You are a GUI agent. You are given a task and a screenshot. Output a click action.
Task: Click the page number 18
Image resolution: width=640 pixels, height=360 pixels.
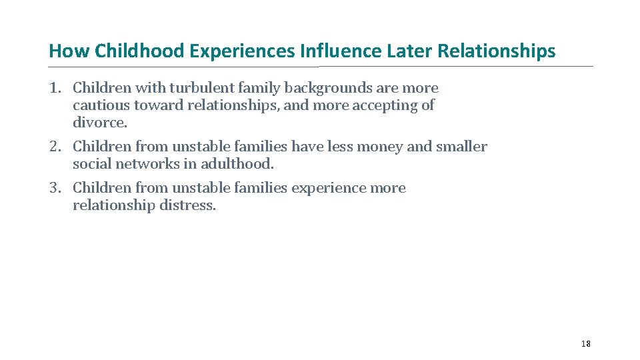click(x=585, y=343)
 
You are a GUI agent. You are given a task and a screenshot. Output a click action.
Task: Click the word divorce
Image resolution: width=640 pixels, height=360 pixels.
click(x=99, y=123)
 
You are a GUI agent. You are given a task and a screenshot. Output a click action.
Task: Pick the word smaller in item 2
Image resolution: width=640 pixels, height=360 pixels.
click(x=461, y=147)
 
